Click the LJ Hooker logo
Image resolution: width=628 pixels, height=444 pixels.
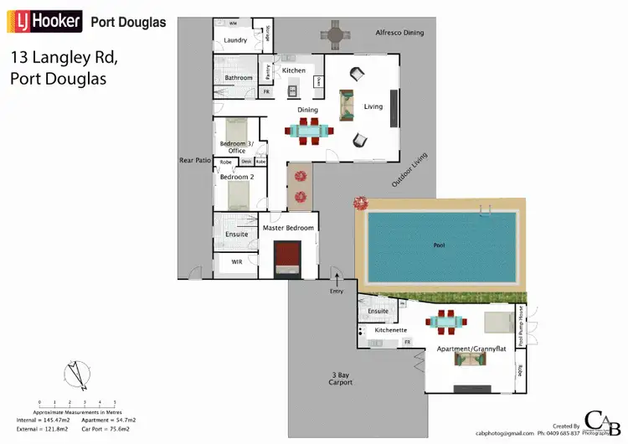click(x=44, y=20)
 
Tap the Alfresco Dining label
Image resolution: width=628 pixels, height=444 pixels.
click(x=399, y=33)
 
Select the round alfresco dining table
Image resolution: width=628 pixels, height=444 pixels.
click(x=335, y=34)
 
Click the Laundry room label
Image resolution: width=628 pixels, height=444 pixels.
click(x=235, y=40)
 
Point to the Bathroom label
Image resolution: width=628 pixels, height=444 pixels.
click(x=239, y=78)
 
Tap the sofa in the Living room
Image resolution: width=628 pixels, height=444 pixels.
click(x=345, y=106)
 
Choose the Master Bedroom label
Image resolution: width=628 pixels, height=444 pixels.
click(x=288, y=228)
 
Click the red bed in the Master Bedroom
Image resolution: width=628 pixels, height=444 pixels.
click(x=289, y=255)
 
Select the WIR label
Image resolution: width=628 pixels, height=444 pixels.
click(x=237, y=262)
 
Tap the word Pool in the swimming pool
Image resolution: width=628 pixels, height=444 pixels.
click(x=439, y=245)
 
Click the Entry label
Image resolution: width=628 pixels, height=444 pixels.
click(x=337, y=291)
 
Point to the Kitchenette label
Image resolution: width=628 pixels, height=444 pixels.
click(x=390, y=330)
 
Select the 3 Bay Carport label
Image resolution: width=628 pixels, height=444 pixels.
click(x=340, y=379)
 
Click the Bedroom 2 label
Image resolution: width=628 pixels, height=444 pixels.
click(x=236, y=178)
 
